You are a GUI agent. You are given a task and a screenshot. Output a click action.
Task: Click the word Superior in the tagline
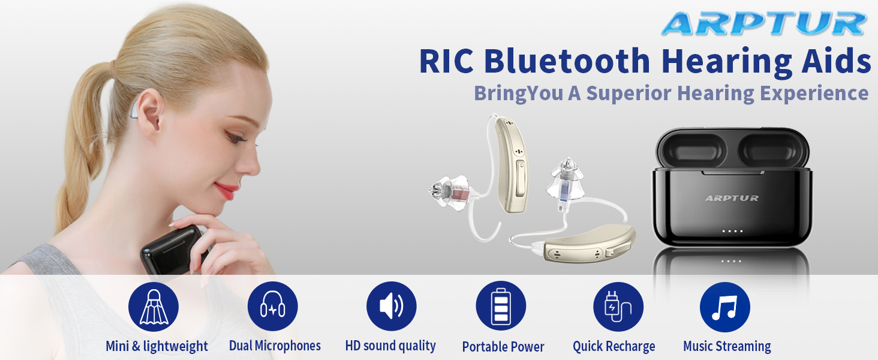point(639,94)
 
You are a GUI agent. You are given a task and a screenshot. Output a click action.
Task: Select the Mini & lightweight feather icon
point(154,307)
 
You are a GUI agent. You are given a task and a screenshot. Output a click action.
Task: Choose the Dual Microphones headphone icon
point(273,307)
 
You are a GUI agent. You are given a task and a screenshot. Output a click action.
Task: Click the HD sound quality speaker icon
point(392,307)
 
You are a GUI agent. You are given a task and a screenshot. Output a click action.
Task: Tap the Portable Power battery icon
point(501,307)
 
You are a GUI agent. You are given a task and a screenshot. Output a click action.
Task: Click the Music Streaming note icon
point(725,307)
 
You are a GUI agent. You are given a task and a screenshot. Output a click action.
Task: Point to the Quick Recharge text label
point(614,346)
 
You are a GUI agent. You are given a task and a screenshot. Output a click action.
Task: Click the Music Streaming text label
point(727,346)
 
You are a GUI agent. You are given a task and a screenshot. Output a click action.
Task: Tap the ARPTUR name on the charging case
point(732,198)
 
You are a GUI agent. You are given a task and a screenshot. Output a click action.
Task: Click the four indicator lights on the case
point(732,231)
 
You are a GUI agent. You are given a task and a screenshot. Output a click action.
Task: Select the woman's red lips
point(227,191)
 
